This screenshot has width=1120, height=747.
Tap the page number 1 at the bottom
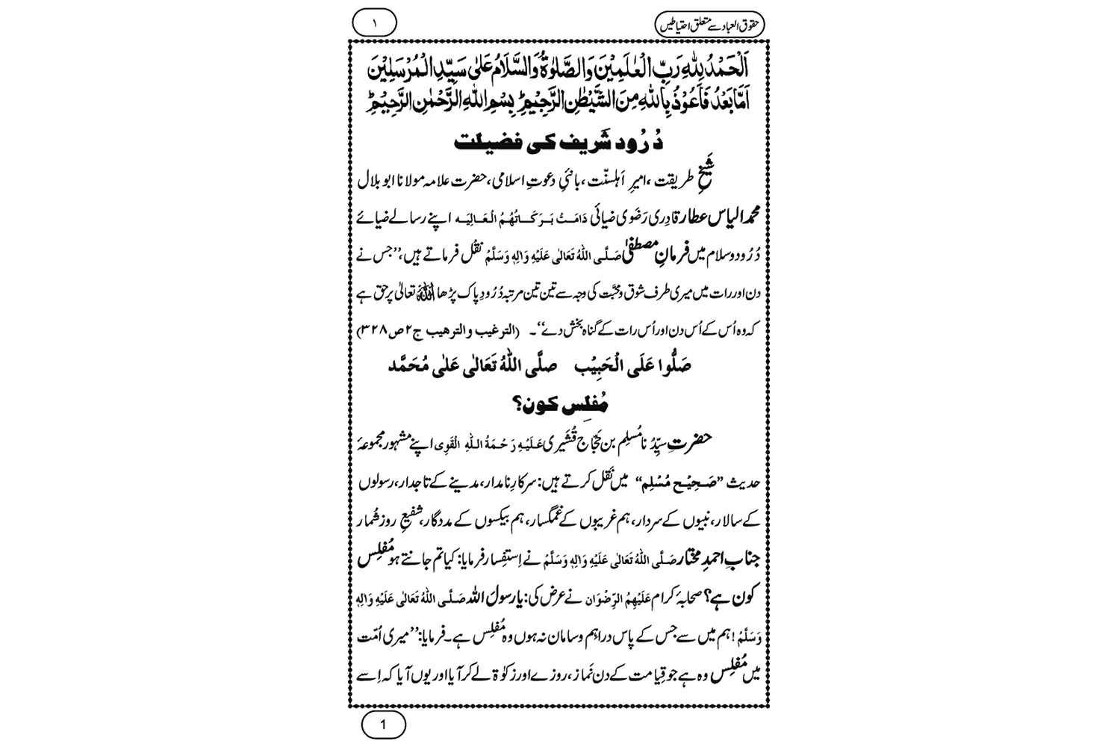click(383, 725)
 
